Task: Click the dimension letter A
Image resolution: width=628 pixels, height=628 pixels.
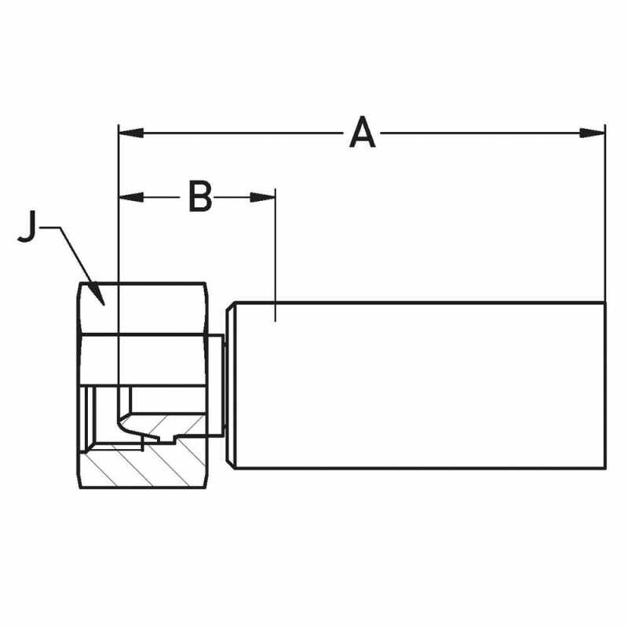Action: (x=363, y=132)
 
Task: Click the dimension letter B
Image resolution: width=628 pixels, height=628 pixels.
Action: (x=200, y=197)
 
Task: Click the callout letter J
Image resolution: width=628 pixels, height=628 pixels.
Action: (x=27, y=227)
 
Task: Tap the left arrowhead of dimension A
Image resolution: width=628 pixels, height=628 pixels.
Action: (x=131, y=133)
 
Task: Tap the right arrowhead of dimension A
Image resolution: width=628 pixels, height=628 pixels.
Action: (x=593, y=133)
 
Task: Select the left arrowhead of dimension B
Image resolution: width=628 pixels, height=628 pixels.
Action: (x=131, y=197)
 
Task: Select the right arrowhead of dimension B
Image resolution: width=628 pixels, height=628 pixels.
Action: (x=263, y=197)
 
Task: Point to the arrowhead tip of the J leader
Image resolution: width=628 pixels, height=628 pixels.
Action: (x=104, y=305)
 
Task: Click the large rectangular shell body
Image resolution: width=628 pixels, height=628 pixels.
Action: (x=419, y=385)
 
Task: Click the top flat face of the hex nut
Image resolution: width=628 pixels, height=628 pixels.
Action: (x=143, y=309)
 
